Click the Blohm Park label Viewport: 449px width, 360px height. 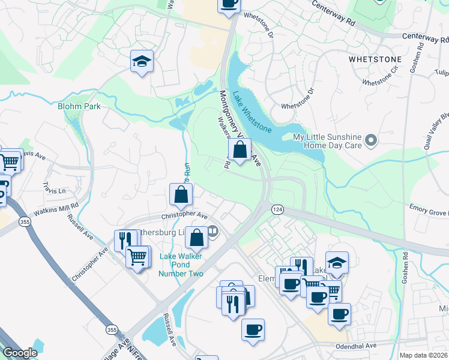(79, 106)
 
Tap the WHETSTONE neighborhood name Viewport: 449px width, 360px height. (375, 61)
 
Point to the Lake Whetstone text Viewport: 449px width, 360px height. (252, 112)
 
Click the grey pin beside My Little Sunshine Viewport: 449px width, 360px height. (371, 141)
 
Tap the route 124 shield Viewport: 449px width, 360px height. (277, 209)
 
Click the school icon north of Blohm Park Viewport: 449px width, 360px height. (142, 61)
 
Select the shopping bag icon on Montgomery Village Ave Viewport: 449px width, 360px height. (240, 150)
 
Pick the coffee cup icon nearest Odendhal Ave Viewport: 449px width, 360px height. (253, 329)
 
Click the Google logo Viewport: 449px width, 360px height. (20, 353)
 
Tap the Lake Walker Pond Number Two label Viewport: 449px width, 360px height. (181, 265)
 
